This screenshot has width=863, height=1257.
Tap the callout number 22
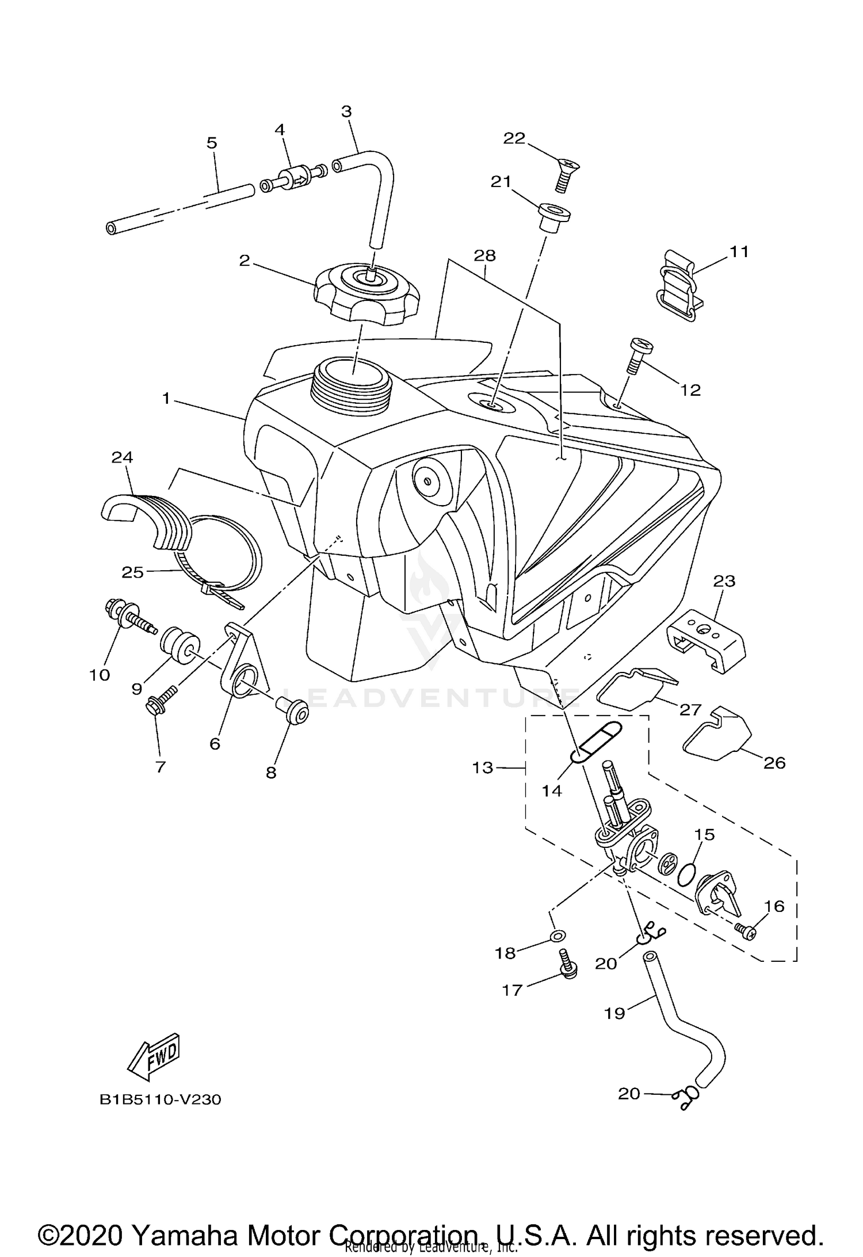514,138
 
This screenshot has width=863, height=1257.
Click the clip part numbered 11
679,286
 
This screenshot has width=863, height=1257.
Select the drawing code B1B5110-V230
160,1100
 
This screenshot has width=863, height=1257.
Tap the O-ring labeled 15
685,875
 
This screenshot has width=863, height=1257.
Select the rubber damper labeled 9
179,645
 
